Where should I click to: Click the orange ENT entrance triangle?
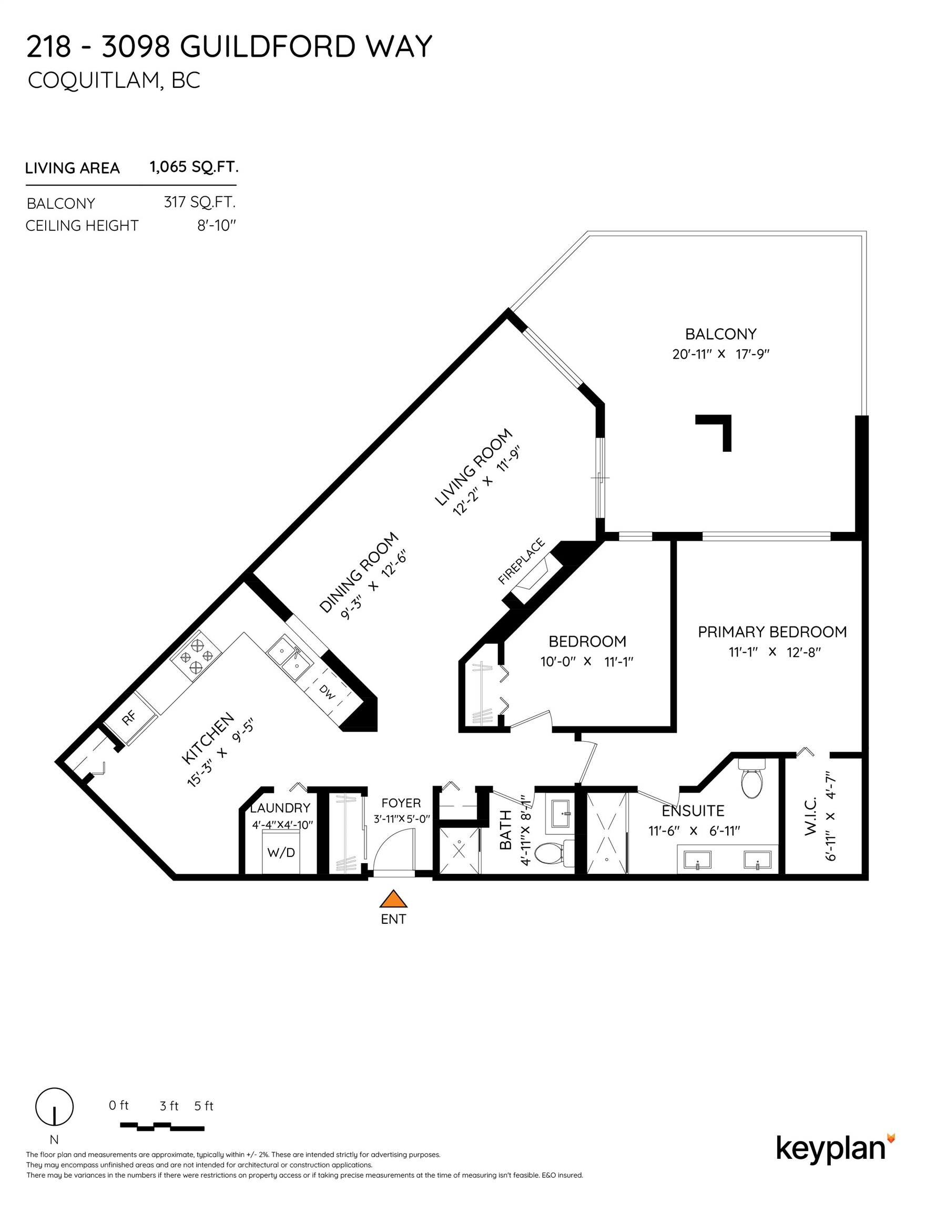click(393, 899)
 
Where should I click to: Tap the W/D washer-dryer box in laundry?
click(281, 852)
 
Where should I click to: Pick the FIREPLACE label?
click(521, 561)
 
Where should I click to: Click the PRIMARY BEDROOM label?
click(772, 632)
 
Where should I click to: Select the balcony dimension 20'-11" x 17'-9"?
click(720, 354)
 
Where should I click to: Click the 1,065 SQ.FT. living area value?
click(194, 167)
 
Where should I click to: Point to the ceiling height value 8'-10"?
click(216, 226)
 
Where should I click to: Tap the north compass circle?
click(54, 1107)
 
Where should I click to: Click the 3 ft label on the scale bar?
click(169, 1106)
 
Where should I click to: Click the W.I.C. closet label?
click(811, 816)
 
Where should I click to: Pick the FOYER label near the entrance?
click(401, 803)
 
